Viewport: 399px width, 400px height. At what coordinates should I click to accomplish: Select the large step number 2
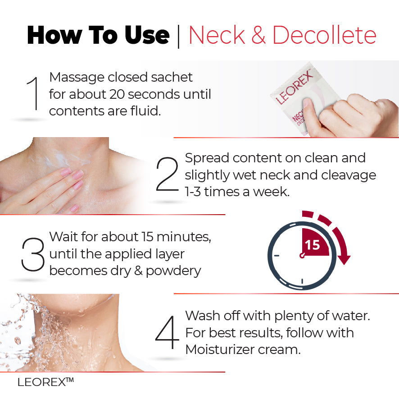pos(168,175)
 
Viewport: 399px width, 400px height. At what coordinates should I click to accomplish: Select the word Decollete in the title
pos(324,35)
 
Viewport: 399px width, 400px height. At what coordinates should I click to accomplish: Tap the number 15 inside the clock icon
pos(312,245)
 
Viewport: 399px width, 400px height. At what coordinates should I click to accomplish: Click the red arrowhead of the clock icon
pos(344,260)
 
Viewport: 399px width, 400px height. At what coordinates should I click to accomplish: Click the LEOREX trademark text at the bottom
pos(45,382)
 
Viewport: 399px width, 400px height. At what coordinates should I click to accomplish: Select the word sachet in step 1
pos(172,77)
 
